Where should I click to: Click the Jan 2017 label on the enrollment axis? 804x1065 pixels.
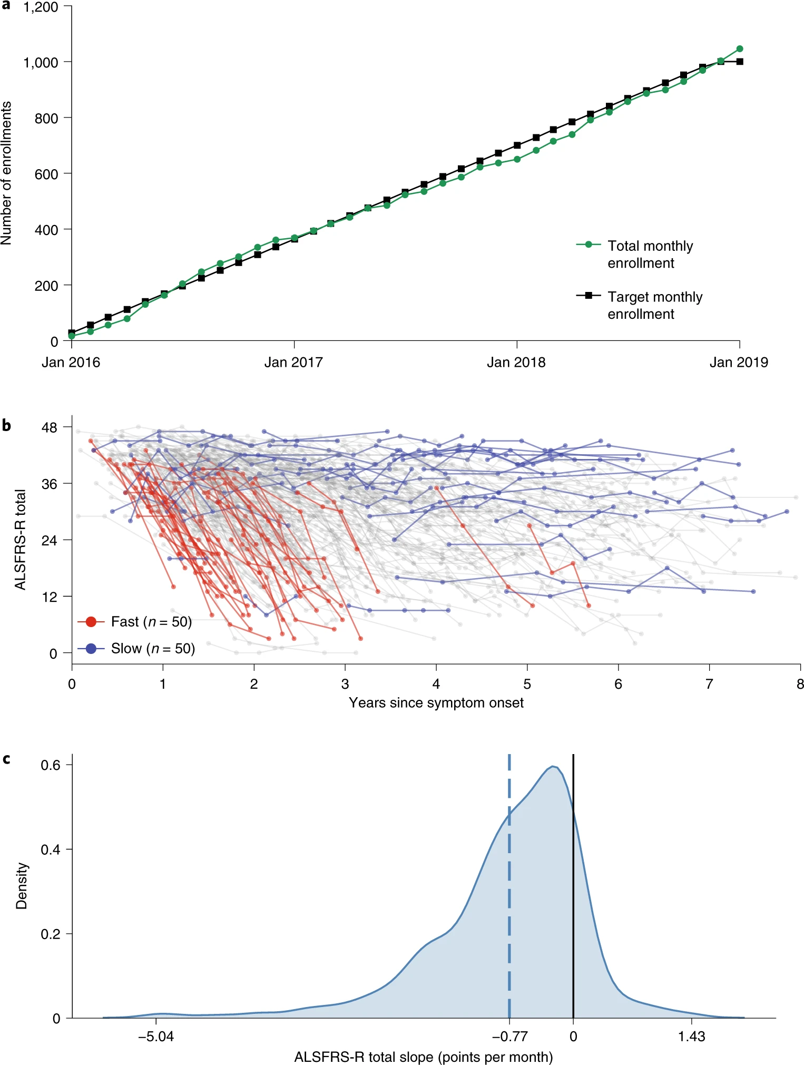pyautogui.click(x=293, y=363)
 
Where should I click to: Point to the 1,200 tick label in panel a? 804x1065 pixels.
pyautogui.click(x=41, y=7)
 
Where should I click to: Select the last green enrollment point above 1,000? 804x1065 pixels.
pyautogui.click(x=739, y=49)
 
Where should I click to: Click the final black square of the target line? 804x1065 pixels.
pyautogui.click(x=740, y=62)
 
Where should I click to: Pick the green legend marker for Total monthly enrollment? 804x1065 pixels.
pyautogui.click(x=589, y=245)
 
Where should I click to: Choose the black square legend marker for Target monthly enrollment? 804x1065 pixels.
pyautogui.click(x=589, y=295)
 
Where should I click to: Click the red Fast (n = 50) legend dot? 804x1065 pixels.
pyautogui.click(x=91, y=622)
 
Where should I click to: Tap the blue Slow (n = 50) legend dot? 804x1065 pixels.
pyautogui.click(x=91, y=648)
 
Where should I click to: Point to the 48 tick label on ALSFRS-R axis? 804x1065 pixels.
pyautogui.click(x=49, y=427)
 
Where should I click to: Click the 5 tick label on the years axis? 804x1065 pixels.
pyautogui.click(x=527, y=684)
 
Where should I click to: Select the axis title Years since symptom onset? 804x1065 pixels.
pyautogui.click(x=436, y=702)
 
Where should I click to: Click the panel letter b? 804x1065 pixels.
pyautogui.click(x=6, y=425)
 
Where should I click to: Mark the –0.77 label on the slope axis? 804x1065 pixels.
pyautogui.click(x=509, y=1037)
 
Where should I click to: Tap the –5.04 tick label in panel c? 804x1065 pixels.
pyautogui.click(x=156, y=1037)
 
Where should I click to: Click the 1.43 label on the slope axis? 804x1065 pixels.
pyautogui.click(x=691, y=1037)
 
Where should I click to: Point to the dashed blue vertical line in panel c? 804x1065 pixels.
pyautogui.click(x=509, y=896)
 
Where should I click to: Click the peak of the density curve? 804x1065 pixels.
pyautogui.click(x=553, y=766)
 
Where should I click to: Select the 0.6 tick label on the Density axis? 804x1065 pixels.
pyautogui.click(x=51, y=765)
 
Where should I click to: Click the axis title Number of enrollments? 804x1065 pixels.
pyautogui.click(x=6, y=173)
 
